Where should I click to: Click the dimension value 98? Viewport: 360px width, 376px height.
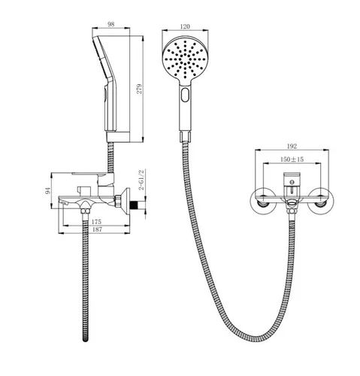click(111, 24)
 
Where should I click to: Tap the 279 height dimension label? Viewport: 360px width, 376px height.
click(139, 89)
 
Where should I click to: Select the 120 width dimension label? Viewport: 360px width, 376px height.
click(185, 26)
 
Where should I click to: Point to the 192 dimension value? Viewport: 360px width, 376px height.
click(292, 147)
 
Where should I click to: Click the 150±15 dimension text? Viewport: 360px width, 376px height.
click(292, 159)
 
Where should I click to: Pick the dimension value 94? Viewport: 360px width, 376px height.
click(47, 191)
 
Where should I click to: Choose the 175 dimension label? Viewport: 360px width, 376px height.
click(96, 222)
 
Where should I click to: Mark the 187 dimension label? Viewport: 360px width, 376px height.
click(97, 229)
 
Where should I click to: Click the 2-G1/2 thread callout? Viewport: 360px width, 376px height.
click(141, 180)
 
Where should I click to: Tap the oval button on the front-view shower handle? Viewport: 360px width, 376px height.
click(185, 95)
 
